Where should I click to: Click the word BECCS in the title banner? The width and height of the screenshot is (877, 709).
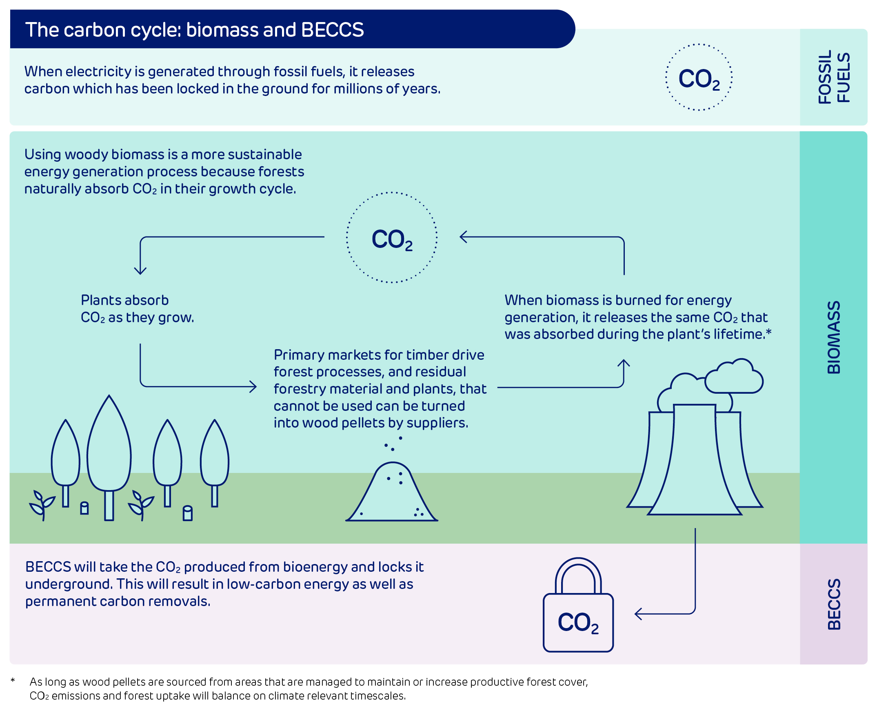pos(332,30)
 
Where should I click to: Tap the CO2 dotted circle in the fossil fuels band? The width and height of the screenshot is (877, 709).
pos(698,78)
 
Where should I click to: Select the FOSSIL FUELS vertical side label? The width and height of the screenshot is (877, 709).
pos(834,77)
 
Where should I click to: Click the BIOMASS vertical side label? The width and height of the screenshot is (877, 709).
pos(834,337)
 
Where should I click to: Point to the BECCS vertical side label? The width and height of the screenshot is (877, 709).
pos(834,604)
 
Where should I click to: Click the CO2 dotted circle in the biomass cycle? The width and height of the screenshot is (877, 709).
pos(391,238)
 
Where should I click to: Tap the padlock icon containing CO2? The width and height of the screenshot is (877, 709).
pos(578,621)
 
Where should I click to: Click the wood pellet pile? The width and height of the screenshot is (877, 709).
pos(391,494)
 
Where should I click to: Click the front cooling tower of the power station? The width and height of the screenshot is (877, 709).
pos(694,462)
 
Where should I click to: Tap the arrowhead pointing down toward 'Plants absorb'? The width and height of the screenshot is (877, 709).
pos(140,271)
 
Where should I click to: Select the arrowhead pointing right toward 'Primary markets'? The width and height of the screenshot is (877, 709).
pos(253,386)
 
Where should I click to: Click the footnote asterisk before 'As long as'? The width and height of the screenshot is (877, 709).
pos(13,680)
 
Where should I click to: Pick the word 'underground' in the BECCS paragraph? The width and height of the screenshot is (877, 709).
pos(69,584)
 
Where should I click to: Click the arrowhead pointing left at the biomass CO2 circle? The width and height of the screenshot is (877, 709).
pos(463,237)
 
